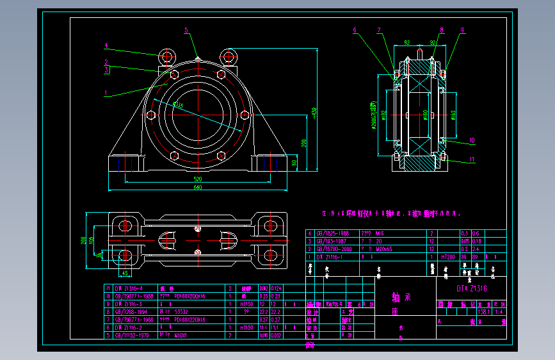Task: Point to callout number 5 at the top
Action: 186,30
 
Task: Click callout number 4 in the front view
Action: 106,45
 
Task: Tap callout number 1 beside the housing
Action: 106,92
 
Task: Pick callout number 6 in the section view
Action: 354,30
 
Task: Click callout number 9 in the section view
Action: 462,29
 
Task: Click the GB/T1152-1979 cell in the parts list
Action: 132,334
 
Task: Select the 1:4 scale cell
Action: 496,311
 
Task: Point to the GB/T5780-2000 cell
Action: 334,249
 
